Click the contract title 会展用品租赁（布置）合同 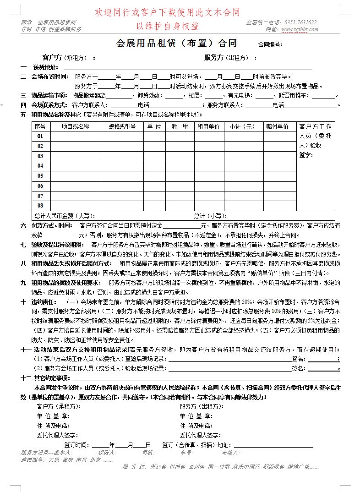click(177, 44)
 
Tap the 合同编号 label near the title click(270, 45)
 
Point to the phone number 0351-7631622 click(300, 22)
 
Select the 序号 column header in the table click(40, 126)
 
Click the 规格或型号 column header click(121, 126)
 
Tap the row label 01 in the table click(40, 137)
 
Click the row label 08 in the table click(40, 206)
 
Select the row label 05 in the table click(40, 176)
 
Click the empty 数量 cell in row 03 click(180, 156)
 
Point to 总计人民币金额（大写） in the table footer click(65, 216)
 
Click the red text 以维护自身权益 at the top click(167, 26)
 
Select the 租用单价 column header click(208, 126)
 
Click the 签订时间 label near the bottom click(77, 445)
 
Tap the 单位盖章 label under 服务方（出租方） click(196, 416)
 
